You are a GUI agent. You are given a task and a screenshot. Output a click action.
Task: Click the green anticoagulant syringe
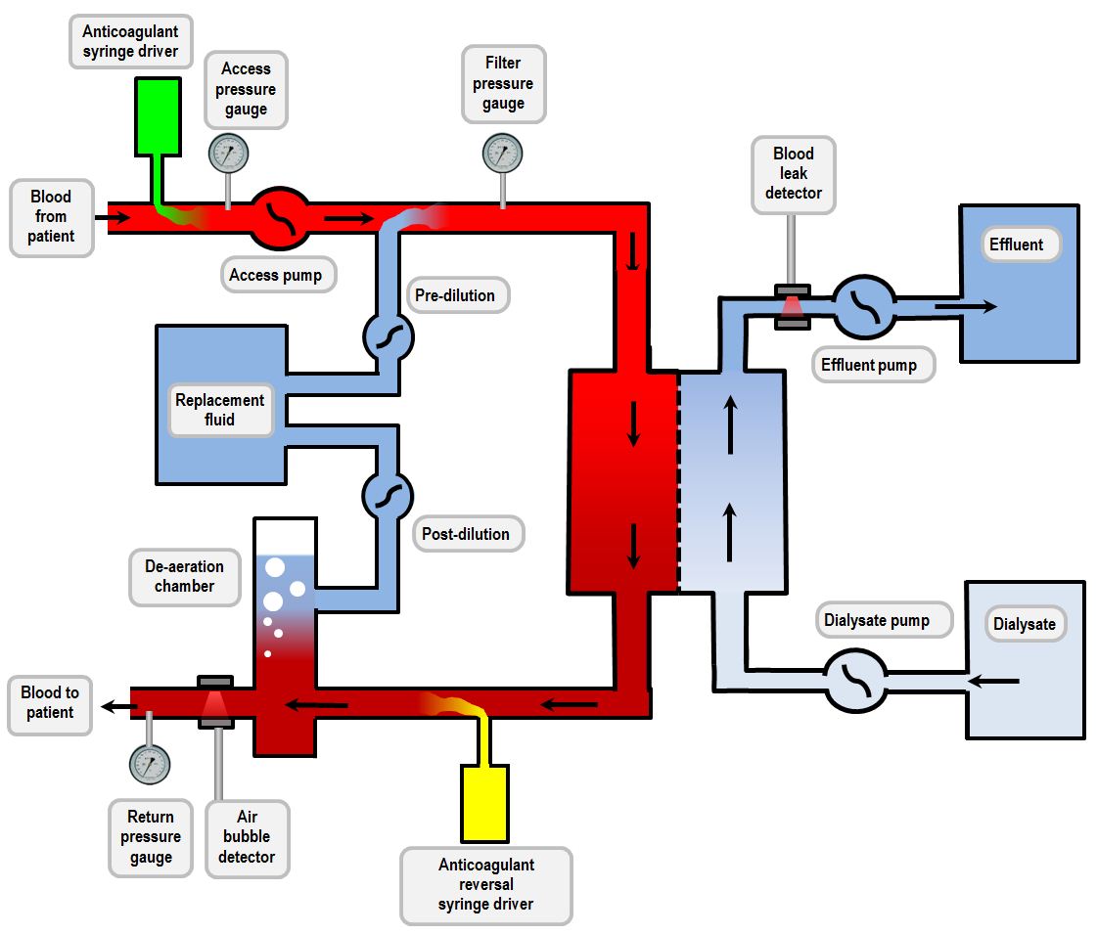click(x=157, y=116)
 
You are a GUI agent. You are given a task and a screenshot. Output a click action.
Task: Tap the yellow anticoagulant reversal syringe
click(x=484, y=803)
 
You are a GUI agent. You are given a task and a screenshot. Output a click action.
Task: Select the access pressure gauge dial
click(x=229, y=153)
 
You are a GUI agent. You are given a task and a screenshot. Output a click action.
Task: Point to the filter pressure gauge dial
click(x=503, y=153)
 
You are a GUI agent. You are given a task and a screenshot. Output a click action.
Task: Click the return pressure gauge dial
click(x=149, y=763)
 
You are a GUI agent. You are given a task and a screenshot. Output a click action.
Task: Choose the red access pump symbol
click(x=281, y=217)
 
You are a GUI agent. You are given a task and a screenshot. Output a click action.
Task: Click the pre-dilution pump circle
click(x=389, y=337)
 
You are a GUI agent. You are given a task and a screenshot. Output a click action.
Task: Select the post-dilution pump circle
click(x=389, y=495)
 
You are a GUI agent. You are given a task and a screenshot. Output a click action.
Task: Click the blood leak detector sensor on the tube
click(x=793, y=306)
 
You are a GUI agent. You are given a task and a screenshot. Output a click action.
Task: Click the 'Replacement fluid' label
click(x=220, y=410)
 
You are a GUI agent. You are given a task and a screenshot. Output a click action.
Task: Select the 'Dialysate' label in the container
click(x=1025, y=624)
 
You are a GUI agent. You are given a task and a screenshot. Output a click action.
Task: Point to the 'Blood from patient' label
click(x=51, y=216)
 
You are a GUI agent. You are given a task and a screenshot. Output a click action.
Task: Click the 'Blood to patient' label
click(x=50, y=702)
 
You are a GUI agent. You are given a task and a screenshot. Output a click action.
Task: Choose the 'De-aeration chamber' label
click(x=185, y=576)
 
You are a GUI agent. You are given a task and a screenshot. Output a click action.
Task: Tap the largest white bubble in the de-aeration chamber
click(x=275, y=567)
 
